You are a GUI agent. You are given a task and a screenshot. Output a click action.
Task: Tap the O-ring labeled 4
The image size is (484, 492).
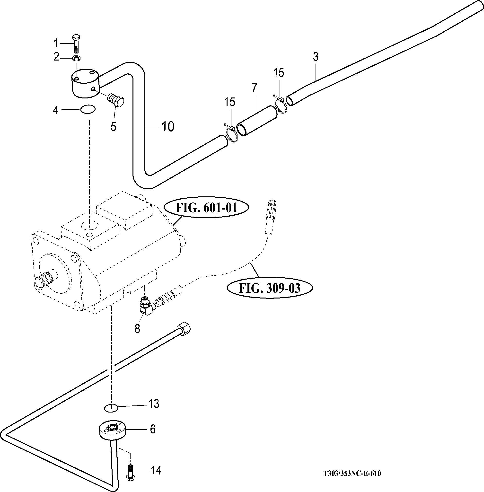tap(88, 110)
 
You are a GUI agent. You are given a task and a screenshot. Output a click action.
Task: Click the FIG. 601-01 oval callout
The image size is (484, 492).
tap(206, 208)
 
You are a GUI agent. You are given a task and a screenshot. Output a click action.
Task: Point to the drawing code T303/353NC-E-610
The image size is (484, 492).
tap(352, 474)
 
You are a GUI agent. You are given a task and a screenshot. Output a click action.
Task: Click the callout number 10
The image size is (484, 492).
tap(168, 126)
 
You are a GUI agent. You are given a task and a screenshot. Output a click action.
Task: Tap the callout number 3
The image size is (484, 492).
tap(316, 57)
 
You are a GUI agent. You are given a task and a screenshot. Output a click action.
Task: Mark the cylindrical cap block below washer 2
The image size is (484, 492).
tap(85, 83)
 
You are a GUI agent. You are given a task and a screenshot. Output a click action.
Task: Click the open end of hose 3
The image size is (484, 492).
tap(290, 101)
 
